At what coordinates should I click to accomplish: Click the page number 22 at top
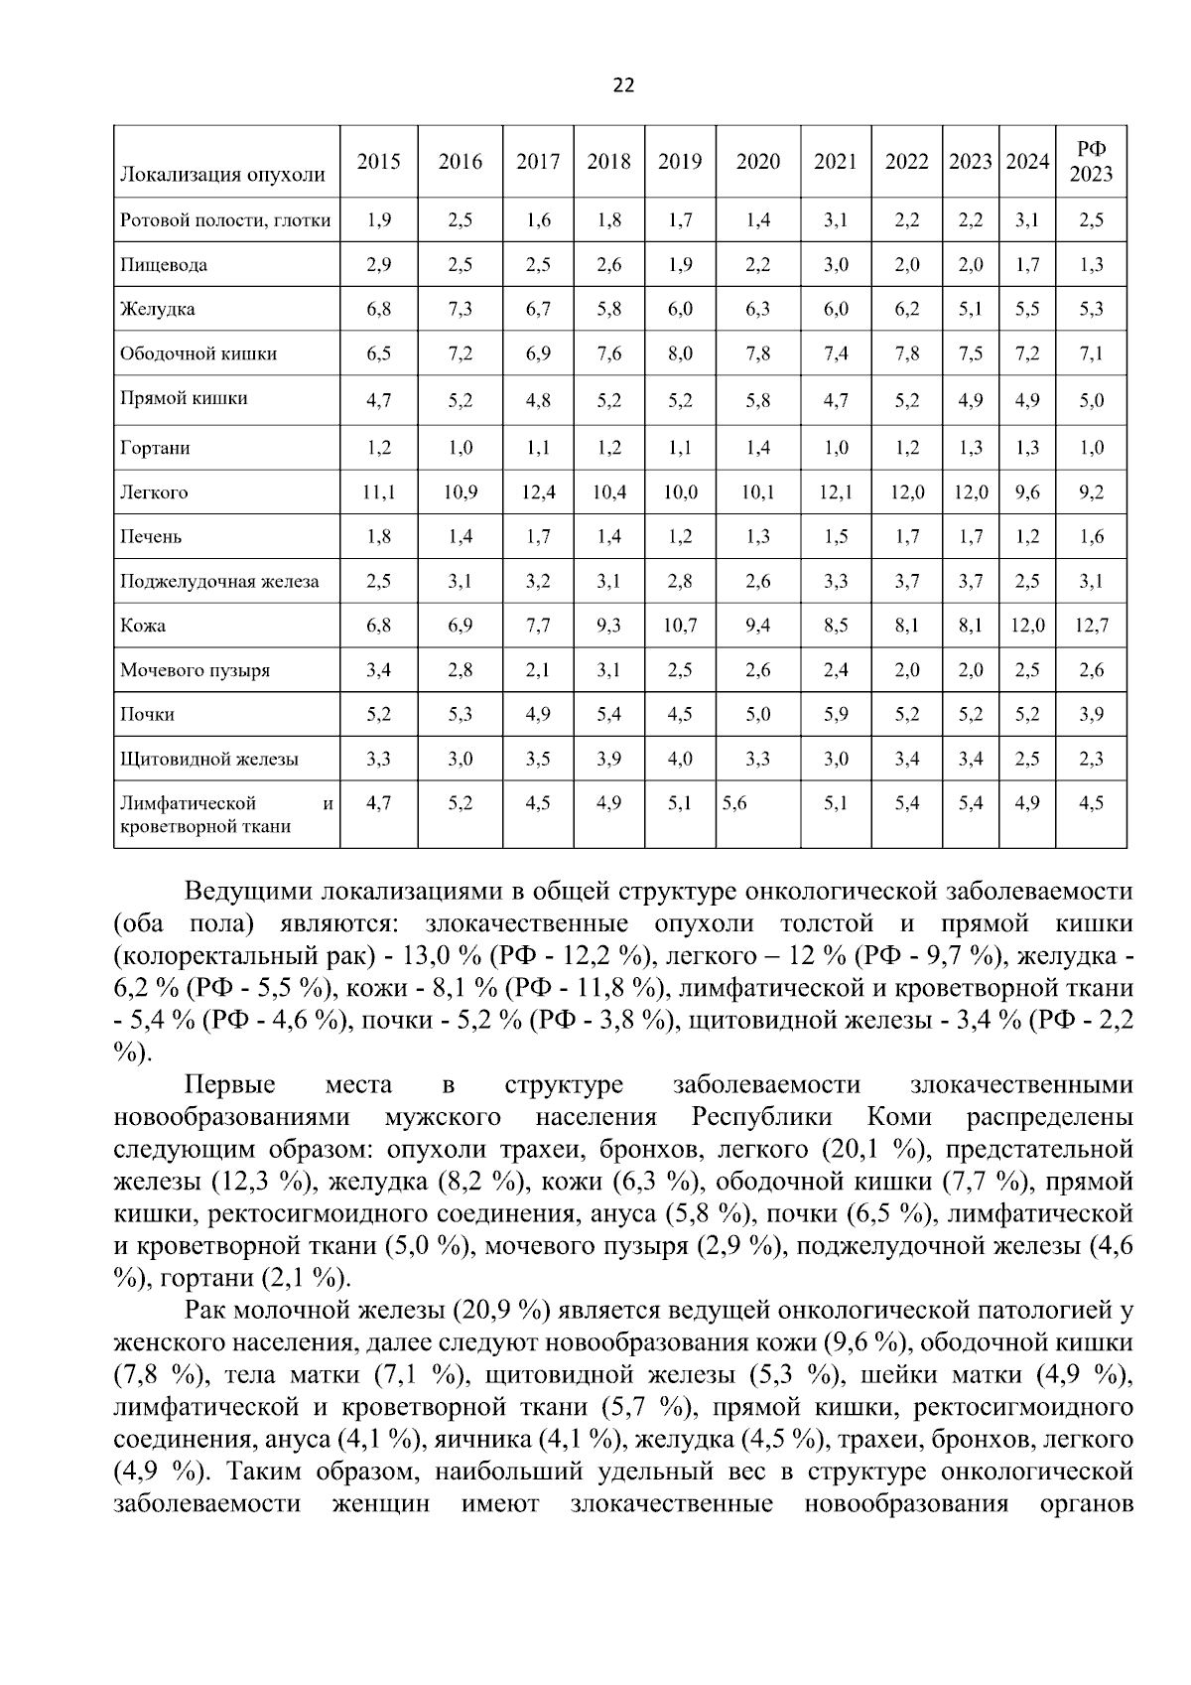click(623, 85)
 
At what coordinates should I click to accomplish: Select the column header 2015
click(378, 162)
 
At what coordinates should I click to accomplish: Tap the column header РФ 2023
click(1091, 162)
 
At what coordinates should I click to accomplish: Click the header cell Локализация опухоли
click(222, 176)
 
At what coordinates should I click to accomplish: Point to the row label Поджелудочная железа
click(219, 581)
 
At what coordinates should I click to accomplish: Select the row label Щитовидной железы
click(208, 760)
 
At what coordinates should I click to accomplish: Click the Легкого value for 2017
click(538, 492)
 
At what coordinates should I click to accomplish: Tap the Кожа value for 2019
click(680, 626)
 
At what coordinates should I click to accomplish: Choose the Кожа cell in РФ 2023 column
click(1091, 626)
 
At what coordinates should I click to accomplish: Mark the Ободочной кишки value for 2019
click(680, 353)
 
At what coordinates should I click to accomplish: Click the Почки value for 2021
click(836, 715)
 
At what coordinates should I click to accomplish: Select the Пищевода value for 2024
click(1027, 265)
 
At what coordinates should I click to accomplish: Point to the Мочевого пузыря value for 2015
click(378, 670)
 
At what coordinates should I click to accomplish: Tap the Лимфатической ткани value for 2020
click(734, 803)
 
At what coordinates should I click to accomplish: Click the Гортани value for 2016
click(460, 448)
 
